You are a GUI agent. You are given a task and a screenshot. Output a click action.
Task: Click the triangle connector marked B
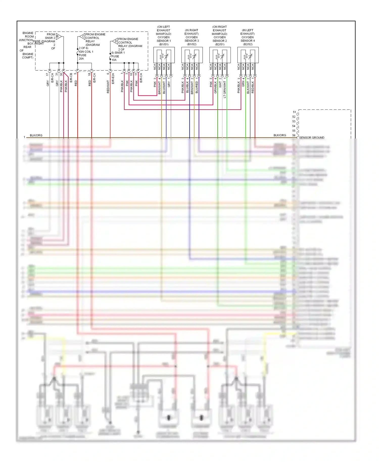58,36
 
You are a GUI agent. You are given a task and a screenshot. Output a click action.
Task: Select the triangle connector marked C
83,36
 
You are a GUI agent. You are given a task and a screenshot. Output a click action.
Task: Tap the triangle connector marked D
115,41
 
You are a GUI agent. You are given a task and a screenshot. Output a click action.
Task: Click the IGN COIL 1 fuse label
86,52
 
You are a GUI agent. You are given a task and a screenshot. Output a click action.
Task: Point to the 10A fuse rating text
114,60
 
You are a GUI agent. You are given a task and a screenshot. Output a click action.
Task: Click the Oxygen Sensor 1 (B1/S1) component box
164,55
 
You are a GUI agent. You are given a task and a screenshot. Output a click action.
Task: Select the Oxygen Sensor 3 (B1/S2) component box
192,55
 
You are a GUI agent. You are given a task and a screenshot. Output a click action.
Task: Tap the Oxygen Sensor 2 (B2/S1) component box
220,55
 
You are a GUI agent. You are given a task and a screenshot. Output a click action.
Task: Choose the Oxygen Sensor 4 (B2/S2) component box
248,55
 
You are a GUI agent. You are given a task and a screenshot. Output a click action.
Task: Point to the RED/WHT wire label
108,87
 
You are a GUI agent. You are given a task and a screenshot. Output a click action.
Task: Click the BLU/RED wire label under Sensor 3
197,87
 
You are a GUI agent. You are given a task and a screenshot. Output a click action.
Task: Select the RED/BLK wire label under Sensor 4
253,87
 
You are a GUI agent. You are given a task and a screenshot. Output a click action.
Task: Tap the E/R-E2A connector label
113,78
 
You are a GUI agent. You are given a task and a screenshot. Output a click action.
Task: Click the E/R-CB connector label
71,78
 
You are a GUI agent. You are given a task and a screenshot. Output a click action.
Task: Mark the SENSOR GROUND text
312,137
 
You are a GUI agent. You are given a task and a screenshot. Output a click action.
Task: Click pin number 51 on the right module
294,112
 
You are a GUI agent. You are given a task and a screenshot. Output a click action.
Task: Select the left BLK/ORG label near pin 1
36,135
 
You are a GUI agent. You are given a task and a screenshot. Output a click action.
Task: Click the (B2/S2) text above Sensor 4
248,44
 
